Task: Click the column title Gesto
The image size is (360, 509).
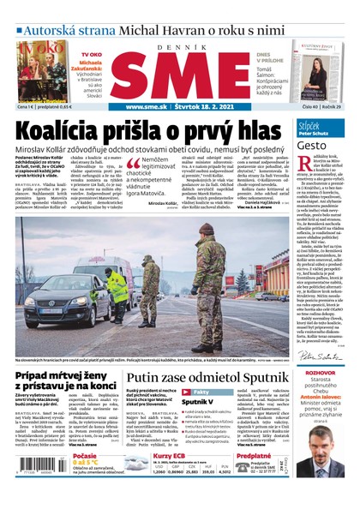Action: point(312,146)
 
